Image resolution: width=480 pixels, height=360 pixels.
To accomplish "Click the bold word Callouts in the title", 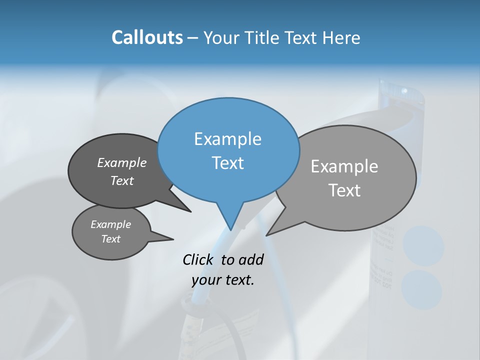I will point(147,38).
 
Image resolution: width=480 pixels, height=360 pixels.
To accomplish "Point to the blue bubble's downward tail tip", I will point(230,229).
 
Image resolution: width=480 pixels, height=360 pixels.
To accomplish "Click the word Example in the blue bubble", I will point(228,139).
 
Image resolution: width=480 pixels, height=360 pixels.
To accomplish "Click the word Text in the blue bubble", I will point(228,163).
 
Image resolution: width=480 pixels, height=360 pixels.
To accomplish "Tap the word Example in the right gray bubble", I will point(344,166).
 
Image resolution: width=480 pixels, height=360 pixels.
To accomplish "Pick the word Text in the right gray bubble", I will point(344,190).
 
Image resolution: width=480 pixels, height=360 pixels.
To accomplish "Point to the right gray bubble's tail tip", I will point(267,235).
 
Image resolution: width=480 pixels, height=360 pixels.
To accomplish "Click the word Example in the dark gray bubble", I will point(122,163).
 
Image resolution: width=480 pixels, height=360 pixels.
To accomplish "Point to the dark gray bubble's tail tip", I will point(190,211).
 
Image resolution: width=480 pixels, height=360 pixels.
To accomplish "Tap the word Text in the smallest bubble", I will point(111,239).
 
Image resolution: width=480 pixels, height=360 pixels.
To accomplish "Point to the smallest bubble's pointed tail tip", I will point(173,239).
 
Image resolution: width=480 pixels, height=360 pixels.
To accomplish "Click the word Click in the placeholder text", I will point(198,259).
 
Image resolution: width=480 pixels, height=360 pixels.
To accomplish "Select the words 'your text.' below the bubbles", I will point(223,280).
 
